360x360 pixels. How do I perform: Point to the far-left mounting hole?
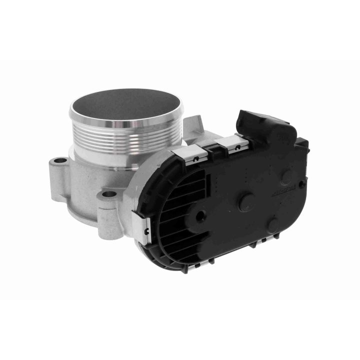coord(60,161)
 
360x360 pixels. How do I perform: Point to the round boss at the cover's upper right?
coord(287,178)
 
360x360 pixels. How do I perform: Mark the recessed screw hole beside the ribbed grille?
coord(201,215)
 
